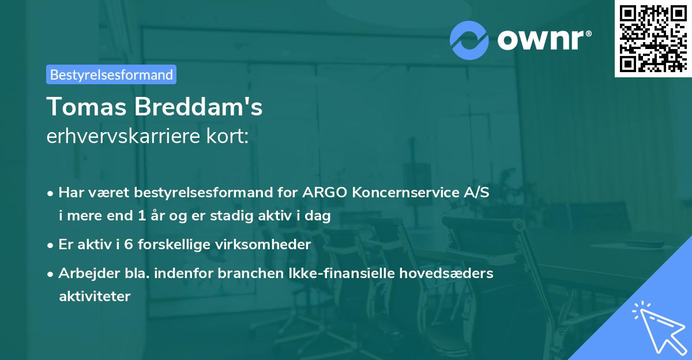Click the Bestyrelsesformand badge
click(x=111, y=74)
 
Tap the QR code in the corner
click(x=653, y=38)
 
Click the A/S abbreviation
click(x=476, y=193)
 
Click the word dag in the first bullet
click(x=318, y=216)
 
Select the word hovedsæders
click(x=457, y=273)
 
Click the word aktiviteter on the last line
click(x=95, y=297)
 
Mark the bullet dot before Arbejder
click(x=51, y=273)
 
